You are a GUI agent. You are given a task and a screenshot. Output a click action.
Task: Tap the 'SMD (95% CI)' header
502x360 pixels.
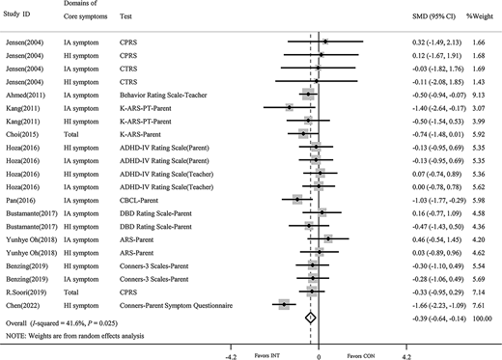tap(431, 17)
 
